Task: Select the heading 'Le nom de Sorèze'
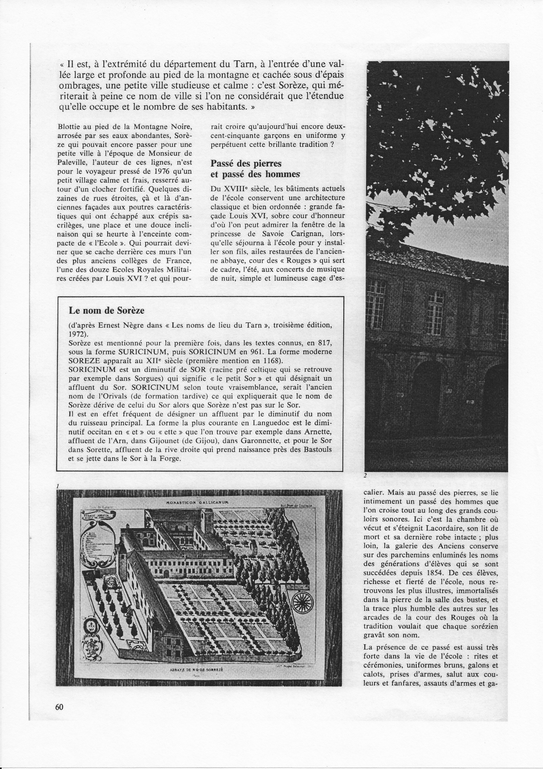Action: [x=106, y=310]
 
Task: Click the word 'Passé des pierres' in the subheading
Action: [x=246, y=164]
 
